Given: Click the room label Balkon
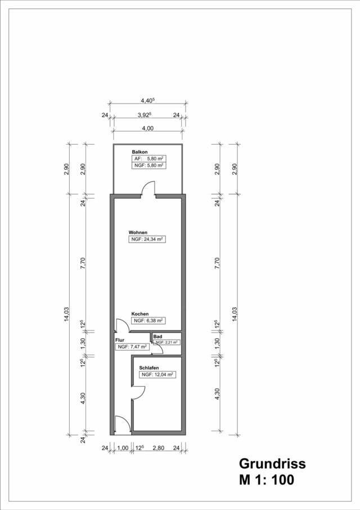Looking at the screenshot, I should pyautogui.click(x=139, y=153).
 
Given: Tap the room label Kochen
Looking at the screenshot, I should pyautogui.click(x=140, y=314).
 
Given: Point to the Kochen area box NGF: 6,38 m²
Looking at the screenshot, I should pyautogui.click(x=148, y=320).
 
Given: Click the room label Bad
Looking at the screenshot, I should pyautogui.click(x=157, y=336).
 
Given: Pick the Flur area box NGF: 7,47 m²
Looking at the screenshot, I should pyautogui.click(x=132, y=347).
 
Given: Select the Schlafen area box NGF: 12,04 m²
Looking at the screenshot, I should pyautogui.click(x=157, y=374).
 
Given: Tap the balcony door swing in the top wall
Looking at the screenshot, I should pyautogui.click(x=147, y=191).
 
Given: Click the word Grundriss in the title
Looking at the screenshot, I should pyautogui.click(x=272, y=463).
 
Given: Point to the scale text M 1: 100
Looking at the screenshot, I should pyautogui.click(x=266, y=480).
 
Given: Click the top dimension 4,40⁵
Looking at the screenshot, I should pyautogui.click(x=147, y=101).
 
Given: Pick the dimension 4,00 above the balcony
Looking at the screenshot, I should pyautogui.click(x=147, y=128).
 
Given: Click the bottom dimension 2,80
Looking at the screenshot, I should pyautogui.click(x=158, y=448).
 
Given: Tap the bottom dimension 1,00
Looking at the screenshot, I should pyautogui.click(x=123, y=448).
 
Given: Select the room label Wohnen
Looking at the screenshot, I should pyautogui.click(x=138, y=232).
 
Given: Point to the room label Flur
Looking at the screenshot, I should pyautogui.click(x=120, y=341).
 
